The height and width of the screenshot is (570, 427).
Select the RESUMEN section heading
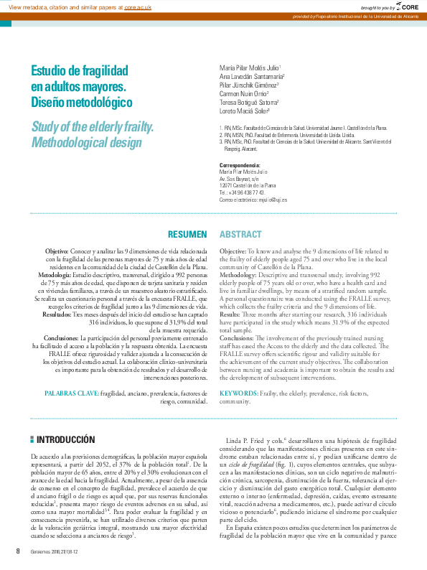187,235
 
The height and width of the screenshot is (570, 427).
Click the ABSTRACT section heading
240,235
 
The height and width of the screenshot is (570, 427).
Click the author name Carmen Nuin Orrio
244,93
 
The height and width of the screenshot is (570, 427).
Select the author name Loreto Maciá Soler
244,111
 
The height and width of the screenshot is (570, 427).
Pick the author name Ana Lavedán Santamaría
251,76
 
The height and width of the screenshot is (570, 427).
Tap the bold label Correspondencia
243,166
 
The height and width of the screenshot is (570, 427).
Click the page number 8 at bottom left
18,551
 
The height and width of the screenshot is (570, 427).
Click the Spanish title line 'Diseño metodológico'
81,103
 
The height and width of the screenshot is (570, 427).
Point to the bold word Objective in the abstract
233,251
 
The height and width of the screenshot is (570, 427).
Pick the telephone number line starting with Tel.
242,192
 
